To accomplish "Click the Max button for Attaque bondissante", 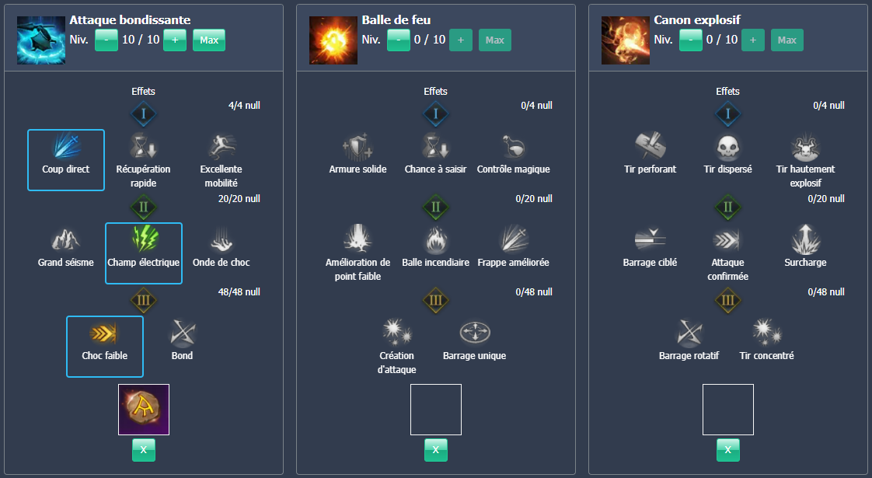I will [209, 40].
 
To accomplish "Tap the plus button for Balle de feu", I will [460, 40].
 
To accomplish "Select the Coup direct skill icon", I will [66, 147].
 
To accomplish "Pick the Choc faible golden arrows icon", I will [105, 333].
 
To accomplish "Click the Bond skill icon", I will [182, 333].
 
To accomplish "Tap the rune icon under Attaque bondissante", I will [144, 410].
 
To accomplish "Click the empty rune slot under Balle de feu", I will [436, 410].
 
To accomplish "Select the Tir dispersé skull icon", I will [727, 147].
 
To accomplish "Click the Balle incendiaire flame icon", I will [435, 239].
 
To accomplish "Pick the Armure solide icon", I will [358, 147].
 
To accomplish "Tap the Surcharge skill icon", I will [805, 239].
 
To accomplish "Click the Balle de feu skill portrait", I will [333, 40].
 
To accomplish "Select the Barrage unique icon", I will [474, 333].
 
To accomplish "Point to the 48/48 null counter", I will [239, 292].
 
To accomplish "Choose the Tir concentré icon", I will [766, 333].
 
